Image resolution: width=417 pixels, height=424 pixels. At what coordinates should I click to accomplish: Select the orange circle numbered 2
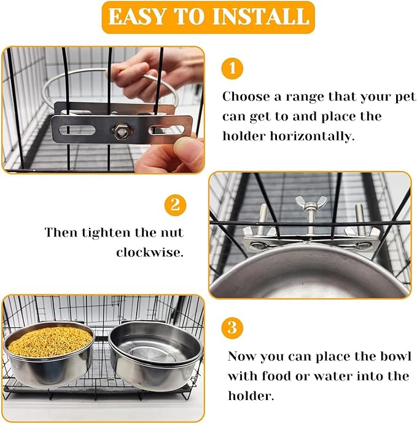coord(174,205)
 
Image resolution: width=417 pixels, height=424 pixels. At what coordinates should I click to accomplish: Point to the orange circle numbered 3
coord(232,327)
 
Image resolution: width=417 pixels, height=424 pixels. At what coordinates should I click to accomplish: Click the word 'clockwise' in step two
coord(149,253)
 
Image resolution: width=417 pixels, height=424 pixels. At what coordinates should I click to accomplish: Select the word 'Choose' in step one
coord(244,96)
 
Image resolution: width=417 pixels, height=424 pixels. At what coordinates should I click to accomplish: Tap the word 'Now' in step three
coord(242,356)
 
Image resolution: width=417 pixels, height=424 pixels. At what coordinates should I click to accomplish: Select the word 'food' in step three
coord(278,376)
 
